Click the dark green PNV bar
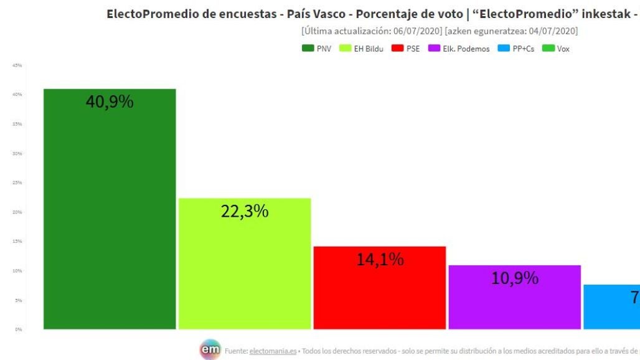110,218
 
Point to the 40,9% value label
110,102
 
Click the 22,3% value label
245,211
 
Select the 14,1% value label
380,259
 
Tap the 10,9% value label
514,278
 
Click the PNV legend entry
317,49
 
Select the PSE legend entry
406,49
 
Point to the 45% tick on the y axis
18,65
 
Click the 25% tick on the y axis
18,182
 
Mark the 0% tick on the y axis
19,329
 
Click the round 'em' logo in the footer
210,350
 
